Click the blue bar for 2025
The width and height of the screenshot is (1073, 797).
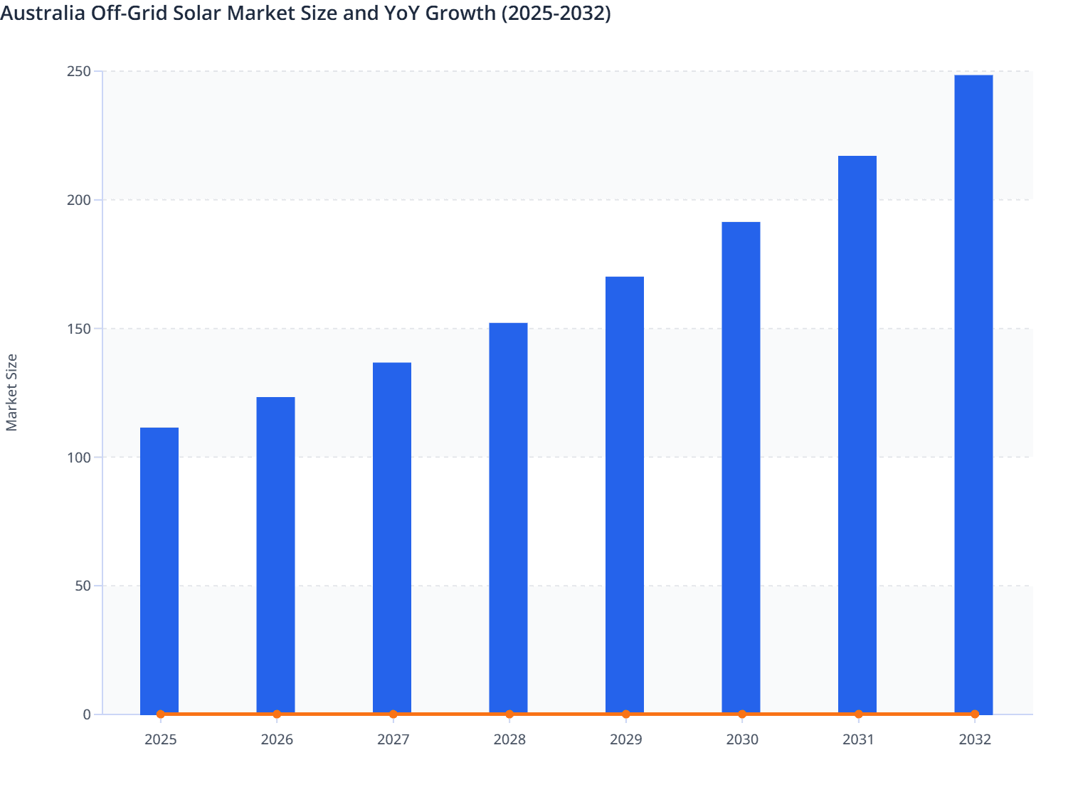click(159, 569)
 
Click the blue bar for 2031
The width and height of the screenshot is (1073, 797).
click(857, 434)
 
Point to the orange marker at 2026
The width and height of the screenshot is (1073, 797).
click(277, 714)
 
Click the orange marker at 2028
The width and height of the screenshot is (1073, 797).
click(509, 714)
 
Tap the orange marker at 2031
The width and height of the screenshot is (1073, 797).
click(858, 714)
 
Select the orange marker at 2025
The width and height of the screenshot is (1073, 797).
click(161, 714)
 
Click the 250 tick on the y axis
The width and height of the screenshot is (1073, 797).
click(79, 71)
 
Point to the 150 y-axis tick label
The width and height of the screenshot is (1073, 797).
click(79, 329)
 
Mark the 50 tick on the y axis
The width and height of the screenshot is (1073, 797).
click(83, 586)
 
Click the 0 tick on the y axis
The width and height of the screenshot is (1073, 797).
click(87, 714)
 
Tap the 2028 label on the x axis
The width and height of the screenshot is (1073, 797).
click(509, 739)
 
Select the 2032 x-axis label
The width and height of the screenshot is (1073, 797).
click(975, 739)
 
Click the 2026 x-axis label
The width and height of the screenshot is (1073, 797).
click(277, 739)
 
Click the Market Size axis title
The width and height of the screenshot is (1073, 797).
click(11, 392)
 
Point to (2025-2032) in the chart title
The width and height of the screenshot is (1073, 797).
click(556, 13)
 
